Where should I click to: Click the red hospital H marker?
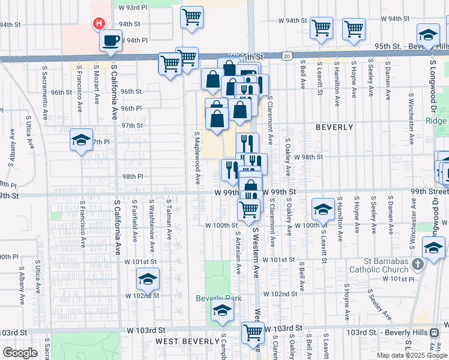99,24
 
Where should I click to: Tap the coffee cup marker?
110,41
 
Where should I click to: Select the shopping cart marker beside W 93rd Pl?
191,17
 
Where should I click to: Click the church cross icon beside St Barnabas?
418,262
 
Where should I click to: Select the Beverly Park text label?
214,298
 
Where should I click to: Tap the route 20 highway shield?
288,55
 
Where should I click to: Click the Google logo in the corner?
20,353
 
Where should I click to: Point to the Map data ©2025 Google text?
412,355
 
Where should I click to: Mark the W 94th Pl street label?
134,40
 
